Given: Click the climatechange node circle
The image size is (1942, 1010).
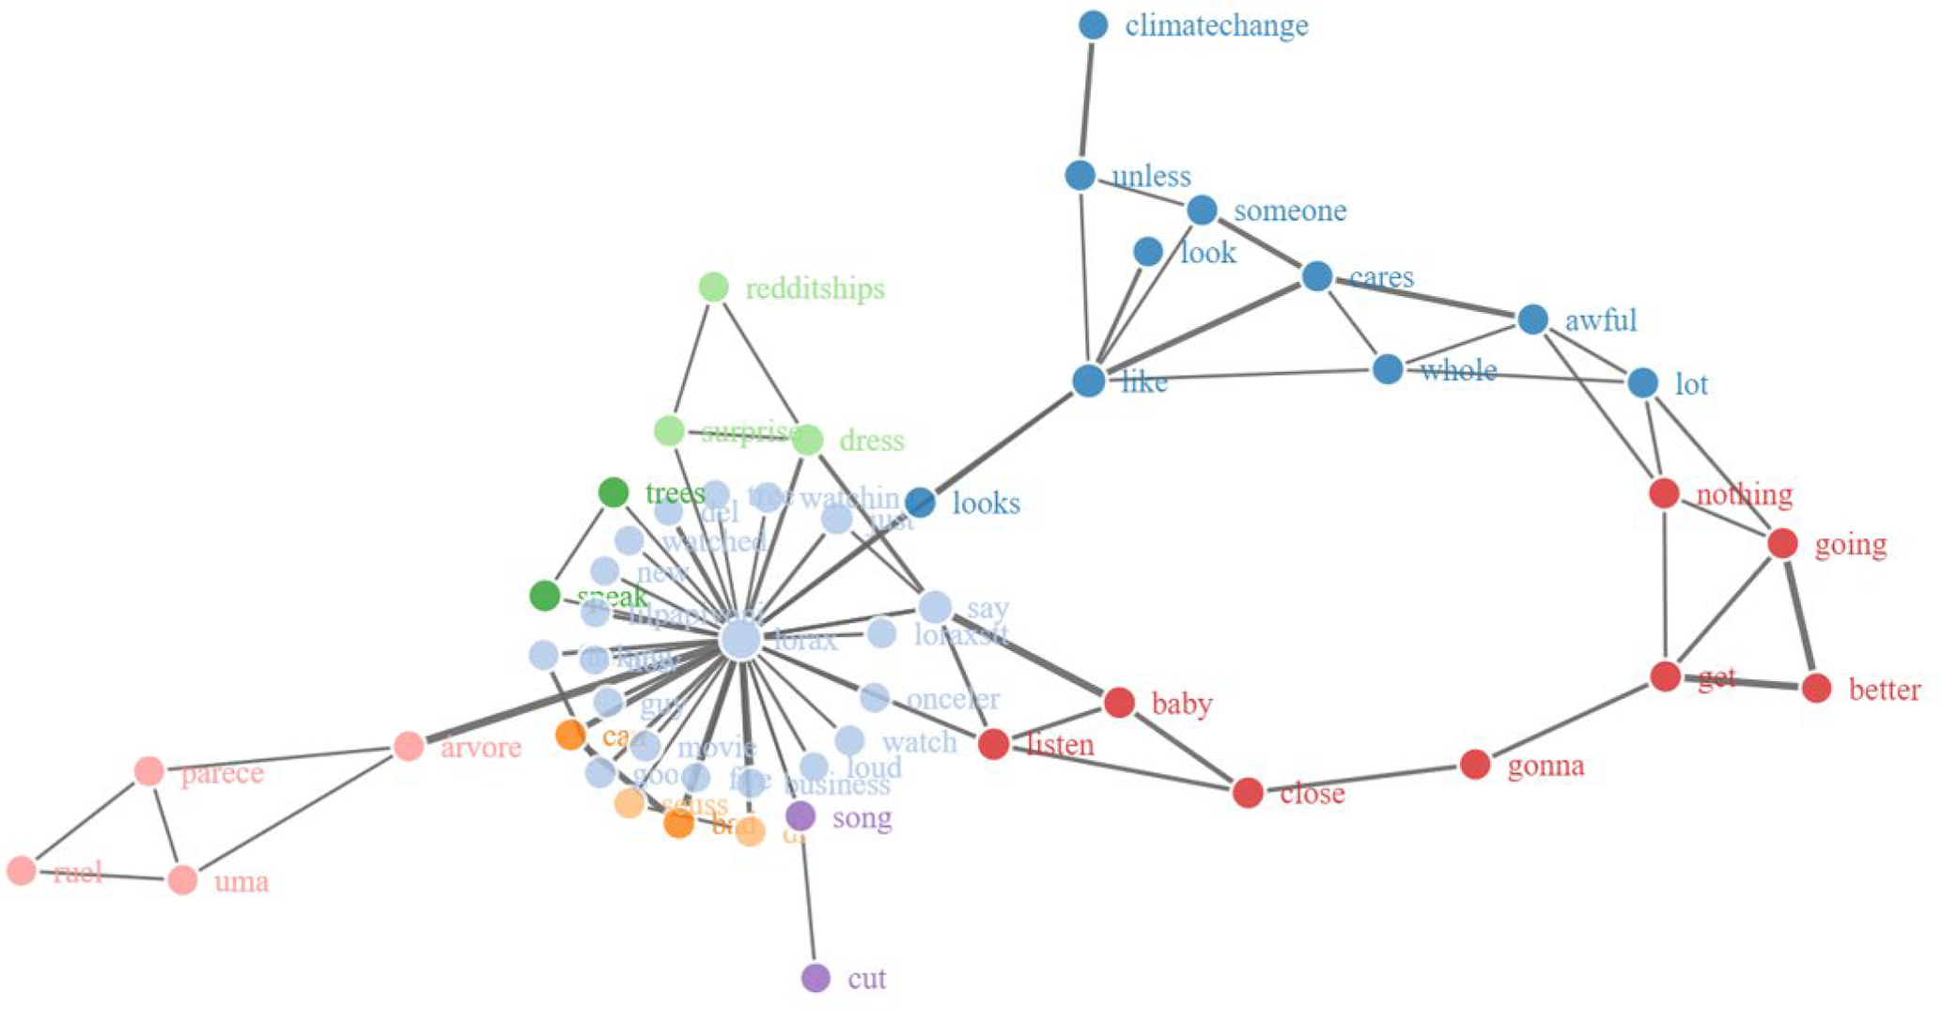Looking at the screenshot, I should click(x=1093, y=25).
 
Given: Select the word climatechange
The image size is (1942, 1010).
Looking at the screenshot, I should click(x=1216, y=25).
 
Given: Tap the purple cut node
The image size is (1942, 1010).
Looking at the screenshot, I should click(x=816, y=978).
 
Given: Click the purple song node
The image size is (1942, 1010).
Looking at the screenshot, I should click(x=800, y=816).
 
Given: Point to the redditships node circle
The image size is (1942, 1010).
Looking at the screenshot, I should click(x=714, y=287).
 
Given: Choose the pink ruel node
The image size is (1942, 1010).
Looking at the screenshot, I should click(x=22, y=871).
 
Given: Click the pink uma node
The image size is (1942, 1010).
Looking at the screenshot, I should click(x=183, y=880).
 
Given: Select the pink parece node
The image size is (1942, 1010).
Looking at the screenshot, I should click(x=149, y=771).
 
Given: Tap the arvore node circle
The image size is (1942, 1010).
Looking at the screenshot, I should click(x=409, y=747).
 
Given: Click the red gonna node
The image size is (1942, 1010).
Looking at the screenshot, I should click(x=1475, y=765).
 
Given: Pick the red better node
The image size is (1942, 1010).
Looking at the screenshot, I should click(x=1817, y=688).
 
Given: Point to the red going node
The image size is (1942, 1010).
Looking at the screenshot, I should click(x=1782, y=543).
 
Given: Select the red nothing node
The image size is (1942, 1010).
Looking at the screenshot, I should click(x=1664, y=493).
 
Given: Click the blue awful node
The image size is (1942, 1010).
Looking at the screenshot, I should click(x=1533, y=319).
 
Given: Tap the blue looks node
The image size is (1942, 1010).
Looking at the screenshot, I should click(x=921, y=503).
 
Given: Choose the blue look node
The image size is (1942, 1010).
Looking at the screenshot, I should click(x=1148, y=252).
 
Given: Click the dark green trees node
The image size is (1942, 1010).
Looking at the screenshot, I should click(x=614, y=492).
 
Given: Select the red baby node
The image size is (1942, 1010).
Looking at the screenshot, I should click(x=1119, y=702).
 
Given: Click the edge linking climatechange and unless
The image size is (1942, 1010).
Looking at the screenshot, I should click(x=1087, y=100).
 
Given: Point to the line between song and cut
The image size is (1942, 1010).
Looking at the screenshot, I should click(x=808, y=897).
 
